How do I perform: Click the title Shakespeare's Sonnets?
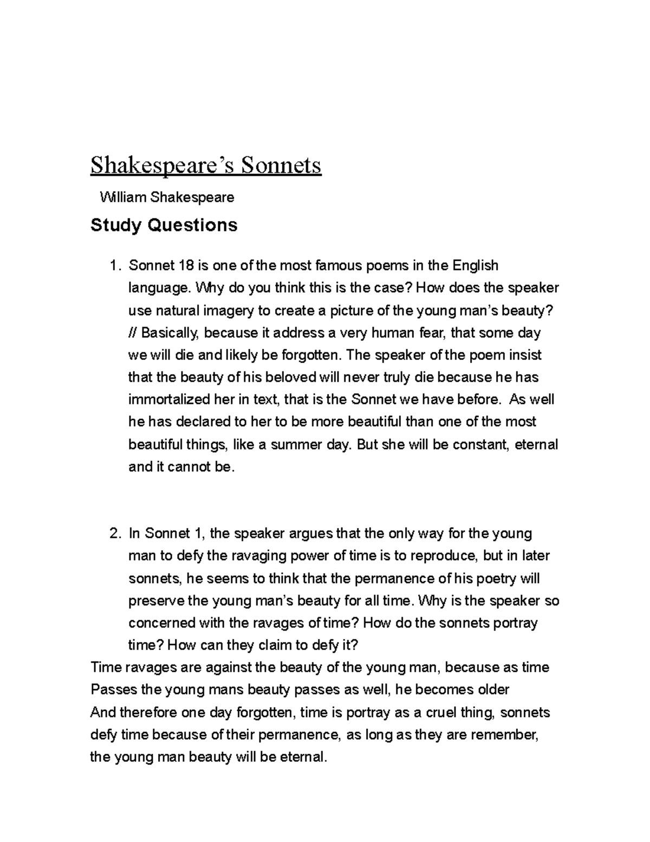pos(206,166)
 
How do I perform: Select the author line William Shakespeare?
pos(167,197)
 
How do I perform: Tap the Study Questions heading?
pos(164,225)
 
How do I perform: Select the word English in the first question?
pos(475,266)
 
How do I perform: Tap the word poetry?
pos(493,579)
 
